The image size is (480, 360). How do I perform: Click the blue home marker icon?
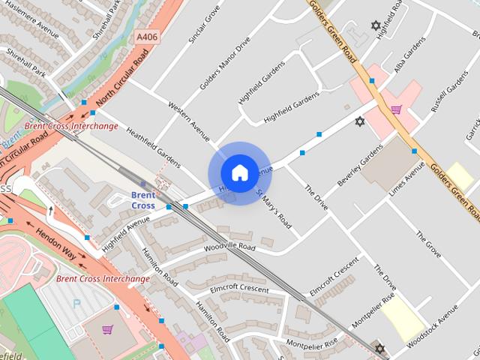[x=239, y=173]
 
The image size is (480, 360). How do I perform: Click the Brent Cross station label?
[x=142, y=199]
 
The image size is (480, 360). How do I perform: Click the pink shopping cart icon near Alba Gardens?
[x=395, y=110]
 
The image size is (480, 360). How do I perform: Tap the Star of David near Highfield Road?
[x=376, y=25]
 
